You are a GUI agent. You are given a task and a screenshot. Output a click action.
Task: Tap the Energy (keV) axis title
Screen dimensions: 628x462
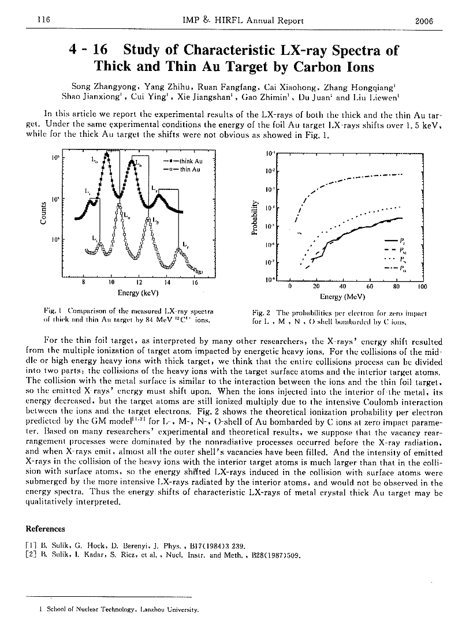pos(138,293)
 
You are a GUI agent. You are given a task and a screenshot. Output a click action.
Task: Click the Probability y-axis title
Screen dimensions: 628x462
pos(254,218)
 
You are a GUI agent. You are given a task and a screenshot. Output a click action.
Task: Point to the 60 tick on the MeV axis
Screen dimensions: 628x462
pos(369,287)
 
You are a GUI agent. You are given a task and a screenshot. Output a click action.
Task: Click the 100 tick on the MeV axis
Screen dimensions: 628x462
pos(422,287)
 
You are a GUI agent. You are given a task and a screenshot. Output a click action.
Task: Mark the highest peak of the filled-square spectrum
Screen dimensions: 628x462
pos(107,153)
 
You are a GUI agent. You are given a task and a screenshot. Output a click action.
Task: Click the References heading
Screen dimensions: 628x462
pos(46,529)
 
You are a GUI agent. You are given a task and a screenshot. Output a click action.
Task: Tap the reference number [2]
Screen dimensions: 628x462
pos(31,555)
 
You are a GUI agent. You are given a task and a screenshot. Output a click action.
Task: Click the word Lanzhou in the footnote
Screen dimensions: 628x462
pos(154,609)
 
